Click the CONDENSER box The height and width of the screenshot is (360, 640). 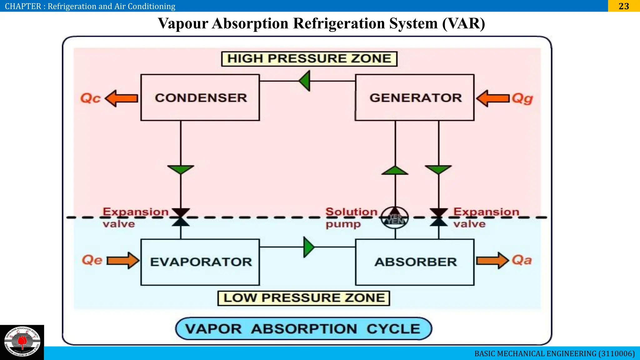[200, 97]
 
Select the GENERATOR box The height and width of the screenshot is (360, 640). [415, 97]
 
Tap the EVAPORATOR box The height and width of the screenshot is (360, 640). [200, 262]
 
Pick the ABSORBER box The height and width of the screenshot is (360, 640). [415, 262]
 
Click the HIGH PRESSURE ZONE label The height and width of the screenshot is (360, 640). [309, 59]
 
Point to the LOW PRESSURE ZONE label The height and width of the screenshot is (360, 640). [304, 298]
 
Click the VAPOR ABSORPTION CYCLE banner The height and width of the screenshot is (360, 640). [303, 329]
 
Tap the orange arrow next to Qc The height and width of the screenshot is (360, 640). [122, 98]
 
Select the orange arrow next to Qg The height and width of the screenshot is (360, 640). [493, 98]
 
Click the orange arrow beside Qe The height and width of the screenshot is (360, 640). [123, 260]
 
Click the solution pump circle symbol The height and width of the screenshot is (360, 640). [395, 217]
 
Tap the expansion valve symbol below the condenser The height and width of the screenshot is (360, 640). [181, 217]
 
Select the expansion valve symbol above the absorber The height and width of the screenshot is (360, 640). [439, 217]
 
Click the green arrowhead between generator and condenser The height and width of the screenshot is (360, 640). [305, 81]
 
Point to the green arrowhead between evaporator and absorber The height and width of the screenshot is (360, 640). [309, 247]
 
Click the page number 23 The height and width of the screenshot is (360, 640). [624, 6]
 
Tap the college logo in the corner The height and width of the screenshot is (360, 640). [22, 342]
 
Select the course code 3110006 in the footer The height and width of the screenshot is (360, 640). [617, 353]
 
